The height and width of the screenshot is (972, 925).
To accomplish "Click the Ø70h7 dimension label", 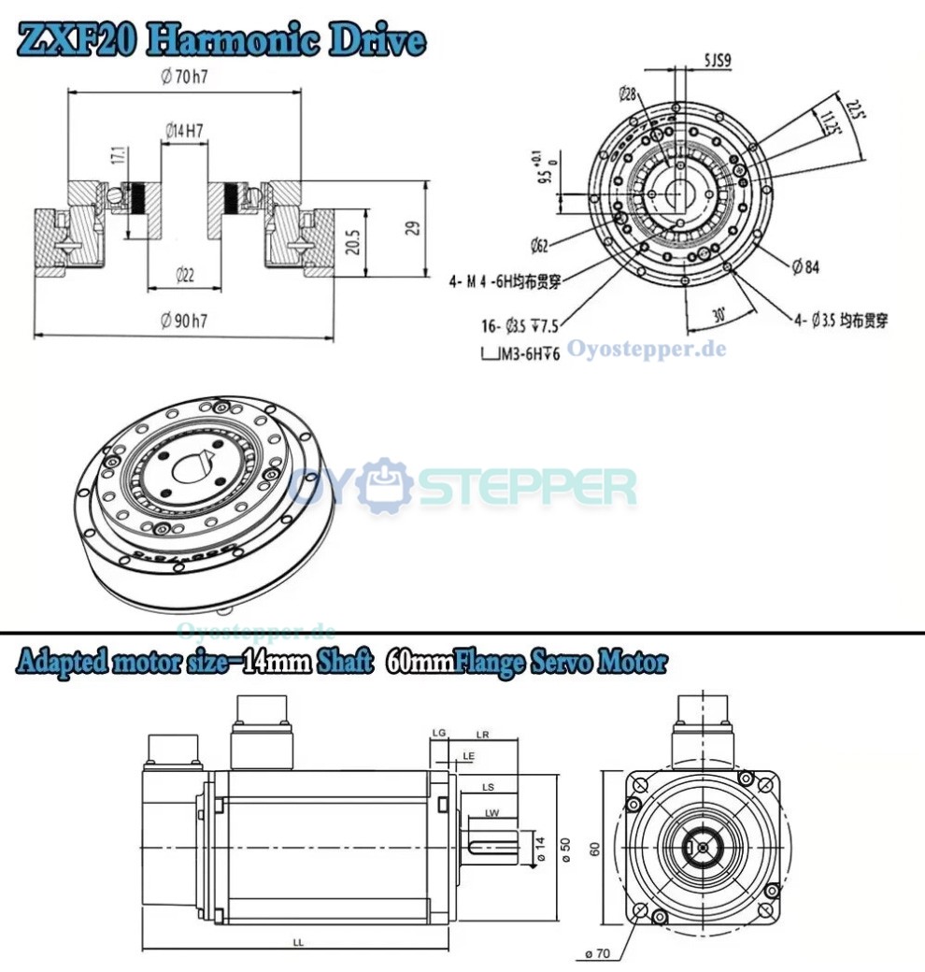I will [x=183, y=78].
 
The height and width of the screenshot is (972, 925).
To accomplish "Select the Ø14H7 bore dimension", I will [x=184, y=133].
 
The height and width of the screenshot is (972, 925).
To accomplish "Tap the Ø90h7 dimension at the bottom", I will [x=183, y=322].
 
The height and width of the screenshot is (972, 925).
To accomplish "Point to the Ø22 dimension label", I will [x=184, y=275].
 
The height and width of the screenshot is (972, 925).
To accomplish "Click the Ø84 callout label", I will [x=805, y=268].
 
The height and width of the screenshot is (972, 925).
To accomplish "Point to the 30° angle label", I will [x=719, y=315].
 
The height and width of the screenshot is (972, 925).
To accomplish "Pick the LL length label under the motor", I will [x=297, y=943].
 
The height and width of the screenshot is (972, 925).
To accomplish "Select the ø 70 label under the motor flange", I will [x=597, y=953].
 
